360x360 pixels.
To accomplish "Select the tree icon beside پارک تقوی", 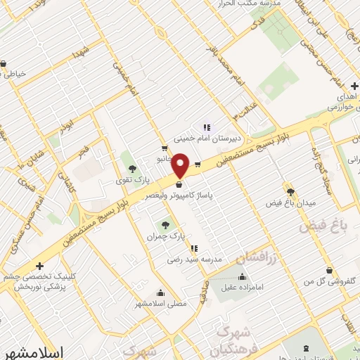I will [131, 168].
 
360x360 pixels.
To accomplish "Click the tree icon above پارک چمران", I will [165, 226].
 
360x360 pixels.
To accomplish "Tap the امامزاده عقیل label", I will [243, 288].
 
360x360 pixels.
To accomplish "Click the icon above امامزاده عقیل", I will [243, 276].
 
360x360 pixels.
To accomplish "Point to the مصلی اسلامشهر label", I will [161, 304].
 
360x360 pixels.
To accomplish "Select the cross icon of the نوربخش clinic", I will [40, 266].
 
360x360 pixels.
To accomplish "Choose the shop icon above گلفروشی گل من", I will [329, 270].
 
